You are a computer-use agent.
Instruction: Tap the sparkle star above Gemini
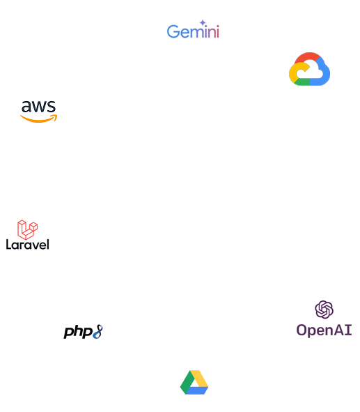click(x=203, y=22)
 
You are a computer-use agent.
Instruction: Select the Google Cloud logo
click(x=309, y=69)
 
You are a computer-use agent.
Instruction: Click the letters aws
click(x=38, y=107)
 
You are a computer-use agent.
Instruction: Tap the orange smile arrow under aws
click(x=39, y=119)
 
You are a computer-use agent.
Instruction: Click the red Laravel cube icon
click(x=28, y=229)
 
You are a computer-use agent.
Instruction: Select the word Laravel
click(x=28, y=245)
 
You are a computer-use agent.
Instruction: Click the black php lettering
click(x=78, y=332)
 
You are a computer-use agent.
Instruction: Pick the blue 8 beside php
click(x=97, y=332)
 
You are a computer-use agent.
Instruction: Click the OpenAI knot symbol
click(x=324, y=310)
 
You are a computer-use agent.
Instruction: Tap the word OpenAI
click(x=324, y=330)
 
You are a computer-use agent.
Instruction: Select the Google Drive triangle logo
click(x=194, y=382)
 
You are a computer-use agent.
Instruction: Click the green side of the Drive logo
click(x=186, y=383)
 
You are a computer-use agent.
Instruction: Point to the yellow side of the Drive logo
click(x=201, y=379)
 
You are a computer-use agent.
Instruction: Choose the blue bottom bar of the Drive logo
click(x=197, y=390)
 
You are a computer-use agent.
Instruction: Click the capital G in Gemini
click(x=173, y=31)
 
